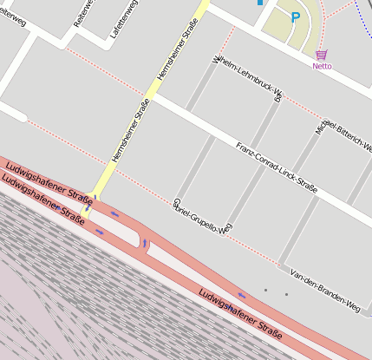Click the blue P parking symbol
pyautogui.click(x=295, y=16)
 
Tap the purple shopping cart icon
pyautogui.click(x=322, y=54)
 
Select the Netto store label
pyautogui.click(x=322, y=65)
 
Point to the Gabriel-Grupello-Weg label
pyautogui.click(x=203, y=216)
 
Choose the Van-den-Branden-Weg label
pyautogui.click(x=324, y=290)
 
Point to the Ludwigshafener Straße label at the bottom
pyautogui.click(x=240, y=314)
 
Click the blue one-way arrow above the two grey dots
pyautogui.click(x=242, y=296)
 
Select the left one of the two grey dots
pyautogui.click(x=266, y=290)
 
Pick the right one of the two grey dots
pyautogui.click(x=286, y=295)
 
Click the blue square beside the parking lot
pyautogui.click(x=259, y=3)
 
